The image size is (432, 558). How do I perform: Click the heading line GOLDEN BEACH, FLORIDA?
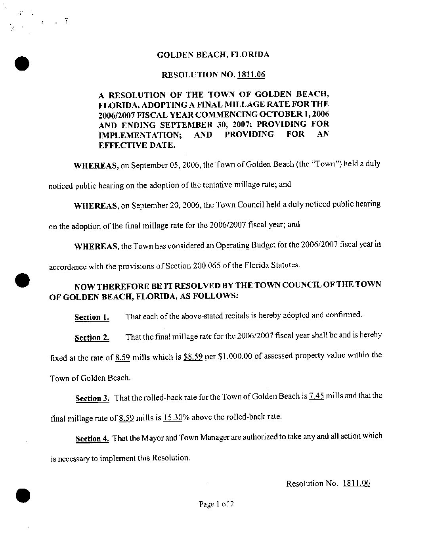coord(213,55)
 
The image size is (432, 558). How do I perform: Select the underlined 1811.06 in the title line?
coord(251,75)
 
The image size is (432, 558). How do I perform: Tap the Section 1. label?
coord(92,317)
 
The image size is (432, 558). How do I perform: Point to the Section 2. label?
coord(92,338)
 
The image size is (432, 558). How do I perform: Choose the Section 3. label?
coord(92,399)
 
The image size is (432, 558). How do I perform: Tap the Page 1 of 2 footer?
coord(216,504)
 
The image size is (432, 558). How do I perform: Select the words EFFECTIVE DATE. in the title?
coord(136,145)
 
